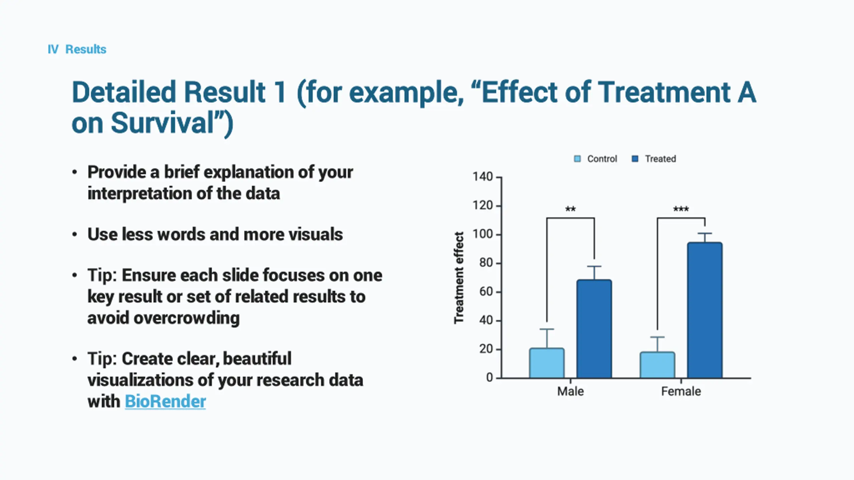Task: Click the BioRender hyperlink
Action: point(165,401)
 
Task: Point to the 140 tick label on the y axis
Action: point(482,177)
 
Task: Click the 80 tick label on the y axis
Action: point(486,263)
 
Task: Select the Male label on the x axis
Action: point(570,391)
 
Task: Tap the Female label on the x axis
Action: point(681,391)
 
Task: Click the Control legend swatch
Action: point(577,159)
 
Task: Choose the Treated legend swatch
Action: point(635,159)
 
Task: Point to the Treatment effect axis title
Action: point(459,277)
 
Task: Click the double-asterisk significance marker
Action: point(570,209)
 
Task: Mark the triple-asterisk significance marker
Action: point(681,209)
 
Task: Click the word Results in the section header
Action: point(86,49)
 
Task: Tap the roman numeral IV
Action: point(53,49)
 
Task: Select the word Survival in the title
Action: point(162,123)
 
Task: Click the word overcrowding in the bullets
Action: point(186,318)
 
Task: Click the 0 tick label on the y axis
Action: point(489,378)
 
